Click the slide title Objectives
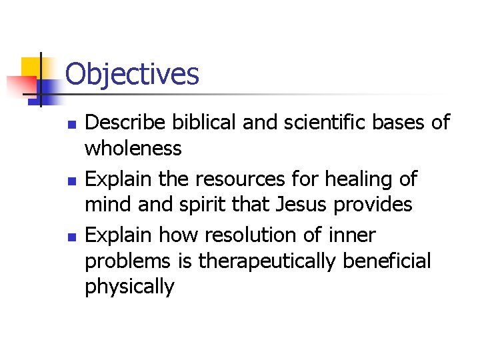(133, 74)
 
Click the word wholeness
(133, 149)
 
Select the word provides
(373, 205)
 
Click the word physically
(129, 287)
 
